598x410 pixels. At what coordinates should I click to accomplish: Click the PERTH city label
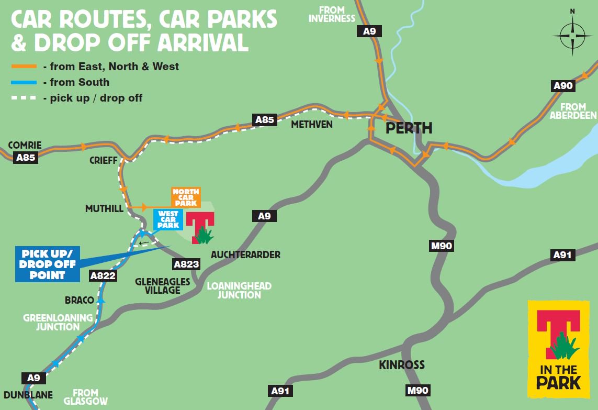point(409,128)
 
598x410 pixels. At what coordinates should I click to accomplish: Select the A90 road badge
point(563,86)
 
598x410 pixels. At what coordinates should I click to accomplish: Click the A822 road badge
point(103,276)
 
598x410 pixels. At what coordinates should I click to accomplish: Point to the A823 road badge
point(187,264)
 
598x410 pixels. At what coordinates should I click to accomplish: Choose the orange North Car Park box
point(186,197)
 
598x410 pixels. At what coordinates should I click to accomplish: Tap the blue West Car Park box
point(168,219)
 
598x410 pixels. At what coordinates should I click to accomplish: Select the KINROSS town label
point(402,365)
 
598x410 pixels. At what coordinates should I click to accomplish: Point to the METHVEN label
point(312,125)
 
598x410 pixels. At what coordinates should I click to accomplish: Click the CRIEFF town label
point(104,160)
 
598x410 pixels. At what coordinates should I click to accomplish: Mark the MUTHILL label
point(104,209)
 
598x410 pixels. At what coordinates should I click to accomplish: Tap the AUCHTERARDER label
point(245,255)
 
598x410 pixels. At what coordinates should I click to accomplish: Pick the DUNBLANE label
point(28,395)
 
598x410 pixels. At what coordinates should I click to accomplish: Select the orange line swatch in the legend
point(24,67)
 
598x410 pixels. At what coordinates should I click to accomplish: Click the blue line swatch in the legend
point(24,82)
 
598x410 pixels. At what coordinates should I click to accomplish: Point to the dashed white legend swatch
point(24,98)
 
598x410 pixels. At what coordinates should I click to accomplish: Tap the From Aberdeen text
point(573,111)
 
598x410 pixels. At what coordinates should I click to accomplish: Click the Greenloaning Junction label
point(58,322)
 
